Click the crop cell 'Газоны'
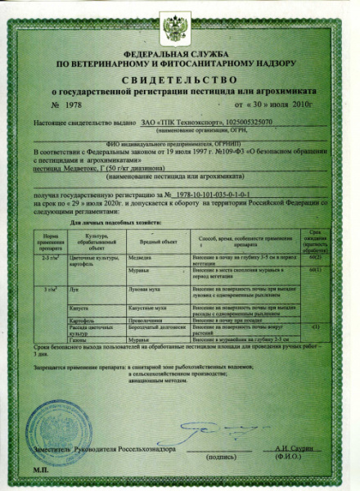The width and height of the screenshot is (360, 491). pos(74,338)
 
